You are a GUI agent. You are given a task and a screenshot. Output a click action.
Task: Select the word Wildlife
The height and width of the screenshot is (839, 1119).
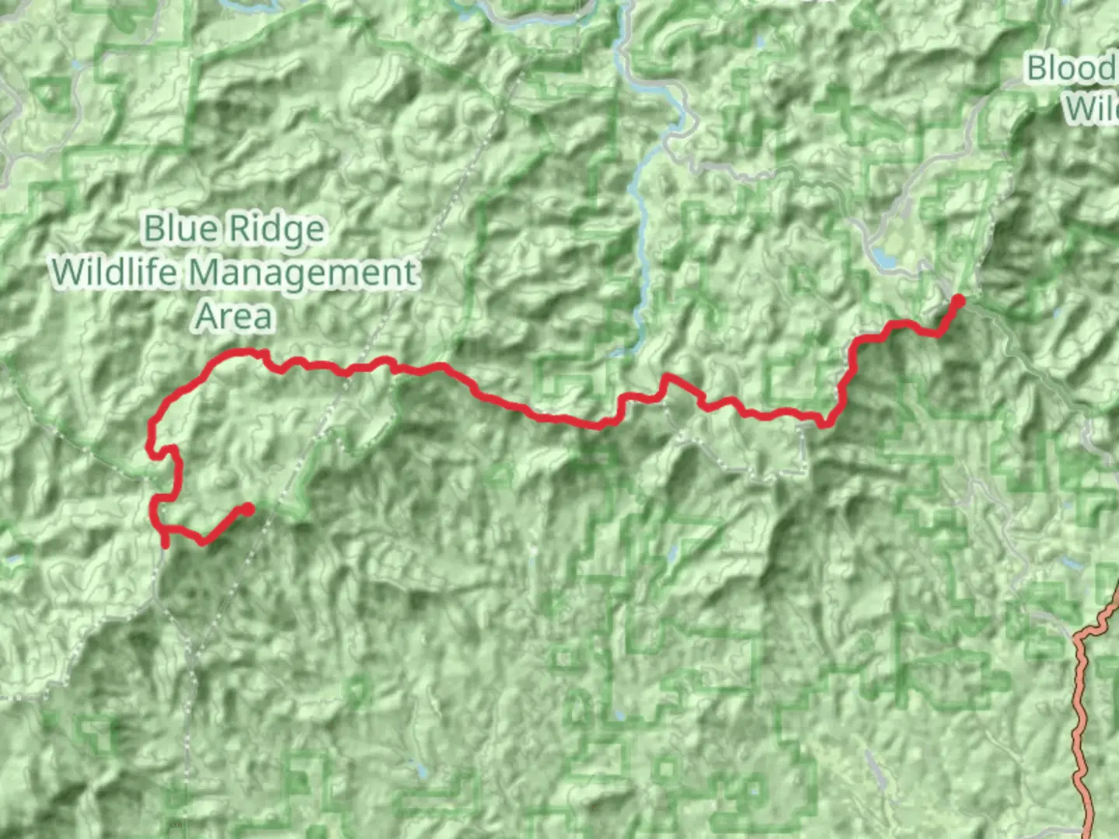(116, 273)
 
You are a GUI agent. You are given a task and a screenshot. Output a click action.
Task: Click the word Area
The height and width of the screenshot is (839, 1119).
(233, 317)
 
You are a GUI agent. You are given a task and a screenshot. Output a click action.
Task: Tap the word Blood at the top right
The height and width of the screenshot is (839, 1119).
(1072, 68)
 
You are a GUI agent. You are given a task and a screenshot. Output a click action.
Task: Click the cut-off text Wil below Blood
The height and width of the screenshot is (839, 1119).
(1091, 109)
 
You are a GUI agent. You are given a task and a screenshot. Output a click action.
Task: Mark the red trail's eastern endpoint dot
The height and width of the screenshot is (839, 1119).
(958, 301)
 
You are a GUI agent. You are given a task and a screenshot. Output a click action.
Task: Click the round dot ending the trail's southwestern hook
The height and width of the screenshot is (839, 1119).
(247, 509)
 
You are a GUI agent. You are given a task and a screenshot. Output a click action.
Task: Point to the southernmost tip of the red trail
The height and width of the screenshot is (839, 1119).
(165, 545)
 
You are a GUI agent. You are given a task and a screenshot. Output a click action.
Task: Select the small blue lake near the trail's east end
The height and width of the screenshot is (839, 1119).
(883, 256)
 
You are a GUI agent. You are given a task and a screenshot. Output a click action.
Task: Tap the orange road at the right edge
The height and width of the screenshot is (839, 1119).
(1081, 699)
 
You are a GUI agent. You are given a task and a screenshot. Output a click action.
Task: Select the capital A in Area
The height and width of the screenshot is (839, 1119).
(207, 317)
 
